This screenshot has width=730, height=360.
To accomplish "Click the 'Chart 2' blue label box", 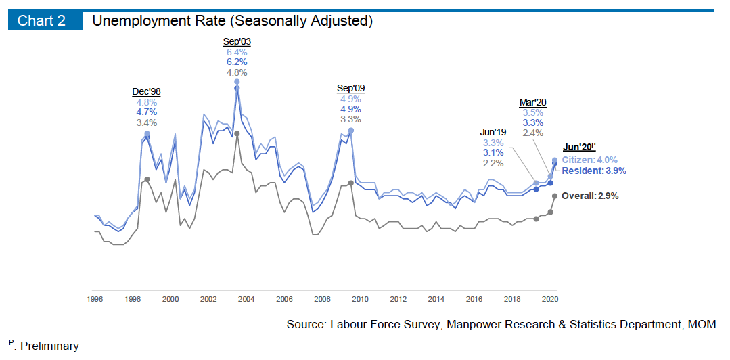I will (x=41, y=20).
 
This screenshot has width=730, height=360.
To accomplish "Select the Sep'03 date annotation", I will (x=237, y=41).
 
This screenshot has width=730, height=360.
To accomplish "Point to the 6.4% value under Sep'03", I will (x=237, y=52).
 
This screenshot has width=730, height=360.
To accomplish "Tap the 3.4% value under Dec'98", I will (x=146, y=122).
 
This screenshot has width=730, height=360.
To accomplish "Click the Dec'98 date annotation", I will (x=146, y=92).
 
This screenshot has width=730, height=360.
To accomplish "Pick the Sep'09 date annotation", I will (x=350, y=89).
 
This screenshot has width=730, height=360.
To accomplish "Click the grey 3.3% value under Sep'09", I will (x=350, y=119).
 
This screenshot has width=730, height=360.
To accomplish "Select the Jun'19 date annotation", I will (x=493, y=132).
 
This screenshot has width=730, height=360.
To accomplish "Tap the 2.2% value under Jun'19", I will (x=493, y=163).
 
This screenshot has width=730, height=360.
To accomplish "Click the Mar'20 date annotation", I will (x=533, y=102).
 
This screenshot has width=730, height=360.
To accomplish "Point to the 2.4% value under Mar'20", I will (x=533, y=133).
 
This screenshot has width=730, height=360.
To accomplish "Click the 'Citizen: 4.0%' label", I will (x=589, y=160).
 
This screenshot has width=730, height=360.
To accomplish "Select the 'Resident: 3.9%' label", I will (x=593, y=171).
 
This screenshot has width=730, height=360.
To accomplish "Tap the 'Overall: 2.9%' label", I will (x=590, y=196).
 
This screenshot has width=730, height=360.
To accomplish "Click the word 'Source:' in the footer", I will (x=306, y=325).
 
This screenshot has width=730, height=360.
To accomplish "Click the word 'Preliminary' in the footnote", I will (x=49, y=346).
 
